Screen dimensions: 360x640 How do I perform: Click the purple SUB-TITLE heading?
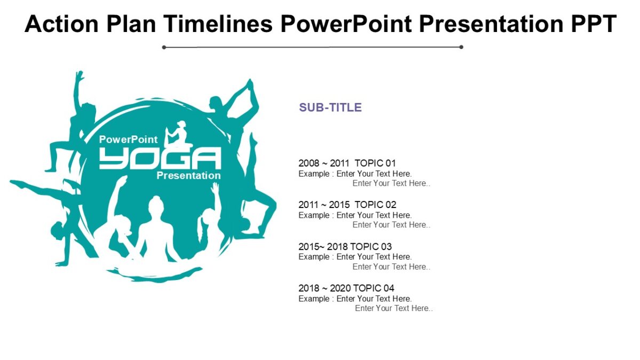[x=330, y=107]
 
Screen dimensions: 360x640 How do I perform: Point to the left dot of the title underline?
[x=164, y=47]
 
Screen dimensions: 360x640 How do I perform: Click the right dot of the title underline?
[x=461, y=47]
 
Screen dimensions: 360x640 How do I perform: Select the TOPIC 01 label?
[x=375, y=163]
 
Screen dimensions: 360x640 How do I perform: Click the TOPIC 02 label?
[x=375, y=205]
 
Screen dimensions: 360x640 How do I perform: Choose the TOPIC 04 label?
[x=374, y=288]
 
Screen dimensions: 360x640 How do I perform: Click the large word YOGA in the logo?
[x=160, y=158]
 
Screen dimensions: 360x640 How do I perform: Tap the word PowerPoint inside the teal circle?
[x=129, y=140]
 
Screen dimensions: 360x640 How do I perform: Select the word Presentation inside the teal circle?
[x=188, y=175]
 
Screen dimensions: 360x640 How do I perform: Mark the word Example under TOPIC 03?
[x=314, y=257]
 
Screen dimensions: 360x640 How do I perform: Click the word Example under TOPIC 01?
[x=314, y=173]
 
